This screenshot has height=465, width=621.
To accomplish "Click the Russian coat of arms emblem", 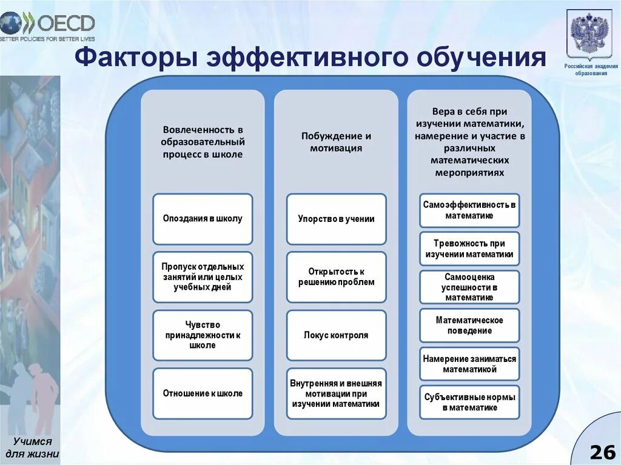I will pos(591,33).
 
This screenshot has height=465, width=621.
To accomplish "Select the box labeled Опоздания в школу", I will pos(203,219).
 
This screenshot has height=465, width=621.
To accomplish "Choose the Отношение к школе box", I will pos(203,393).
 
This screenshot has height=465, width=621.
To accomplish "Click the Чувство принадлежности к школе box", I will pos(203,335).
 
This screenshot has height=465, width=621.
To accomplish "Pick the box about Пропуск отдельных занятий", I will pos(203,277).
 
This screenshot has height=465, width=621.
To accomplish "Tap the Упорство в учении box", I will pos(336,219).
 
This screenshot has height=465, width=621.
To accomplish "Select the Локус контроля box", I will pos(336,335).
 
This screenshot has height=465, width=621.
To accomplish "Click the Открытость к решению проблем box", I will pos(336,277).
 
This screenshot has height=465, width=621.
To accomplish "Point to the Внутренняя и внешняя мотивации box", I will pos(336,393).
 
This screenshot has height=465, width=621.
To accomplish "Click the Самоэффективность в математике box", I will pos(469,210).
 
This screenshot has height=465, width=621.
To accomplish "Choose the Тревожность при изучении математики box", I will pos(469,249).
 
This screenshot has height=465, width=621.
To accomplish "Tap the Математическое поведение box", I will pos(469,326).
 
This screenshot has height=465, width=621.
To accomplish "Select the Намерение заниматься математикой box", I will pos(469,364).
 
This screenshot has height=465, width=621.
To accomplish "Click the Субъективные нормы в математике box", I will pos(469,403).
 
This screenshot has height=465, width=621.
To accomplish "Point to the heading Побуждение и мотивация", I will pos(336,142).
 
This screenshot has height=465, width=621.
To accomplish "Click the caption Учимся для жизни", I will pos(33,447).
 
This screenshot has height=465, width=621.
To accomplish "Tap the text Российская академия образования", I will pos(591,70).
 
